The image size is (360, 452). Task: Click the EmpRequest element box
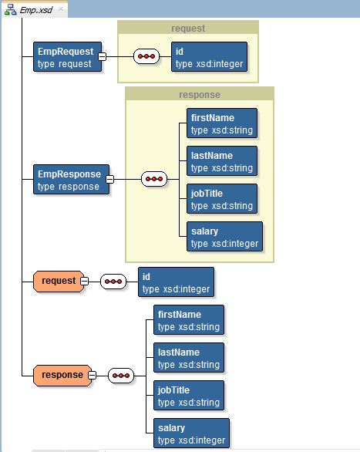(x=67, y=57)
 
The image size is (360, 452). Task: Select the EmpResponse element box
(x=71, y=179)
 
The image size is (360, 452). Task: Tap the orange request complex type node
(x=59, y=282)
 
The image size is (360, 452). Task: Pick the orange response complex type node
(x=62, y=376)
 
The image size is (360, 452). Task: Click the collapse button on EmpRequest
(x=102, y=56)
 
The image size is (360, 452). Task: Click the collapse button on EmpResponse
(x=109, y=179)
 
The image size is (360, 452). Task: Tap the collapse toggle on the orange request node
(x=84, y=281)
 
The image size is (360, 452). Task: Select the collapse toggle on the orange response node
(x=93, y=376)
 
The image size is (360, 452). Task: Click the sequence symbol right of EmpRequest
(x=146, y=56)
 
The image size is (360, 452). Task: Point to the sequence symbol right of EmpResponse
(x=154, y=179)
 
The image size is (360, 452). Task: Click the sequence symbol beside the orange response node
(x=121, y=376)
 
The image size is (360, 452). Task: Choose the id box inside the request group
(x=209, y=57)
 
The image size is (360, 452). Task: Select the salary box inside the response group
(x=224, y=236)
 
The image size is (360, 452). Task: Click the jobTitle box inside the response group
(x=222, y=198)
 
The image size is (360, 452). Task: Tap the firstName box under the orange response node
(x=189, y=319)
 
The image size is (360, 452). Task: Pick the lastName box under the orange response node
(x=189, y=357)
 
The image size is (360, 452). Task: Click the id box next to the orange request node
(x=176, y=282)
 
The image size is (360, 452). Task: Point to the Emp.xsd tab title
(x=36, y=10)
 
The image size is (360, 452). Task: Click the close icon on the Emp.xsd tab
(x=61, y=9)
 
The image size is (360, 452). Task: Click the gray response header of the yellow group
(x=200, y=95)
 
